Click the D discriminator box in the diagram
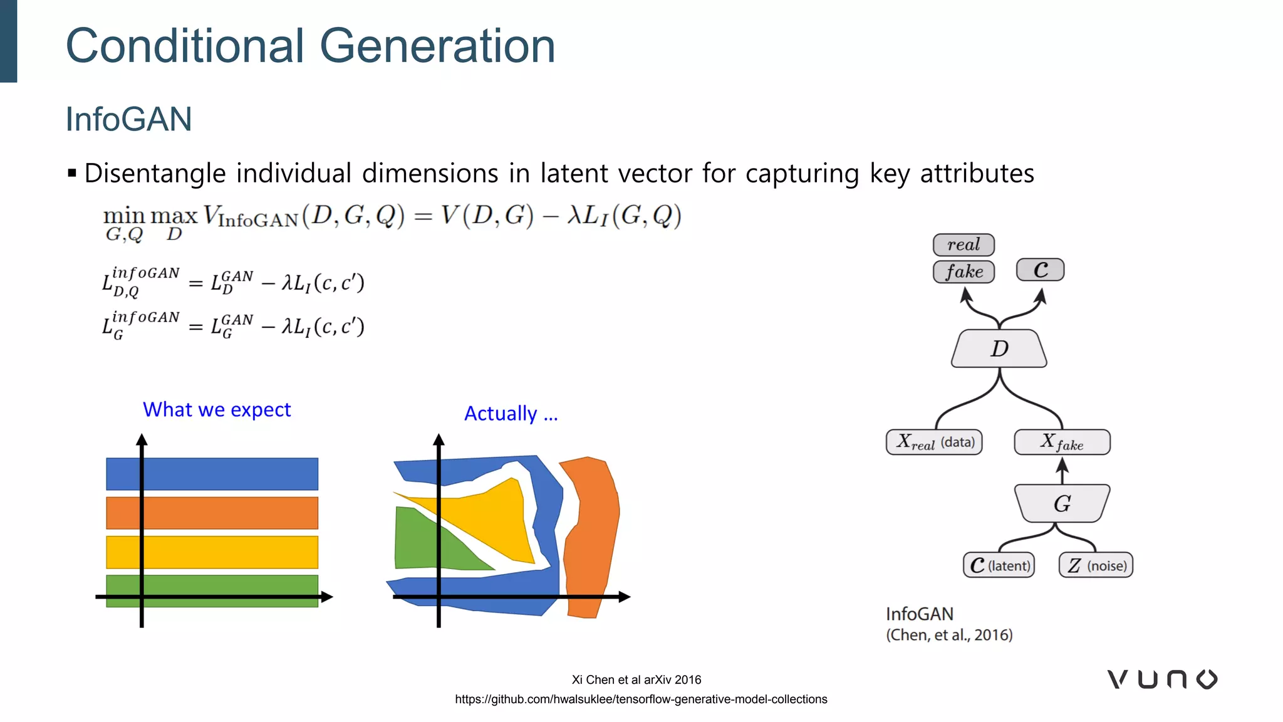(999, 348)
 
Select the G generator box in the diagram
(1062, 503)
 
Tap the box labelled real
(964, 244)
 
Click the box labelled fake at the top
(964, 271)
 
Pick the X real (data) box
(934, 442)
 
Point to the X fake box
(1062, 442)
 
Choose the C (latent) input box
(999, 565)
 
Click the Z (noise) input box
(1096, 565)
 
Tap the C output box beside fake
(1040, 270)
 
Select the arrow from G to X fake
(1062, 470)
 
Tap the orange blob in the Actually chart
(592, 533)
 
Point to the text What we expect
(217, 409)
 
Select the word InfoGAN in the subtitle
(128, 119)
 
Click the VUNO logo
(1162, 679)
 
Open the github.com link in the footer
(641, 699)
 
